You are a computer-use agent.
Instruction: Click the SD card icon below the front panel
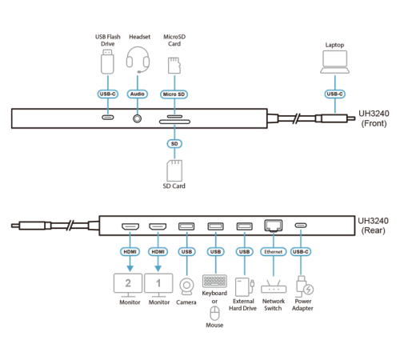(174, 170)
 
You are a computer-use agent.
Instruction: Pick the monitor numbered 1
(158, 282)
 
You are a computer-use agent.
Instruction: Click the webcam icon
(186, 286)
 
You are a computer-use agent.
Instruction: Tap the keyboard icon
(215, 281)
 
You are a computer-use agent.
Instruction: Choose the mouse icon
(214, 311)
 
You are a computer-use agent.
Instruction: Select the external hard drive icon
(244, 286)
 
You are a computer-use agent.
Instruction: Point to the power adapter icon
(303, 286)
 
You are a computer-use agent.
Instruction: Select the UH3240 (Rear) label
(372, 225)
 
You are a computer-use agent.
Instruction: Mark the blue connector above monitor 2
(128, 251)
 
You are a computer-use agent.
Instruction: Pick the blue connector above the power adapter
(300, 251)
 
